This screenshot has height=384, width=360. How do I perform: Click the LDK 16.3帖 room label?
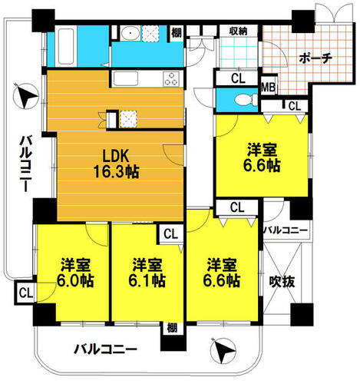[x=117, y=164]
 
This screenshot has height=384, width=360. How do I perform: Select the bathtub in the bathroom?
[x=66, y=47]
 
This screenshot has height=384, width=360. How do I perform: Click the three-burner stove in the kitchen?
[x=171, y=78]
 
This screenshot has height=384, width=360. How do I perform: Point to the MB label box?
[x=268, y=88]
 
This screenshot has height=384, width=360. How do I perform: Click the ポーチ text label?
[x=315, y=58]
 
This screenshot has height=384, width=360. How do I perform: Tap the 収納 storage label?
[x=238, y=31]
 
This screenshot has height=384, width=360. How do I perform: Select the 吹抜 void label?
[x=282, y=282]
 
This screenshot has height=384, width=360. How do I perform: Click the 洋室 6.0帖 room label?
[x=75, y=273]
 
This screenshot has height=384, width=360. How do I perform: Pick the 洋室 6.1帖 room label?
[x=147, y=273]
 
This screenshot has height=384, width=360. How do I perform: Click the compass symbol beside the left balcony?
[x=25, y=96]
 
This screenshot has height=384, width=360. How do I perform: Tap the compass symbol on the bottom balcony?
[x=223, y=350]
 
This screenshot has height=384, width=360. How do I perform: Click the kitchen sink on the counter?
[x=126, y=78]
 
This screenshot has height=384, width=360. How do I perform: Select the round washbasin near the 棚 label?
[x=130, y=33]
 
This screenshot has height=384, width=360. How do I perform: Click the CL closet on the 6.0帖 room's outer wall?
[x=25, y=293]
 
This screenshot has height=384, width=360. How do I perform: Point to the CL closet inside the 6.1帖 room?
[x=170, y=233]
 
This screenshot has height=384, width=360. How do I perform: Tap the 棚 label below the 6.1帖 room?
[x=172, y=328]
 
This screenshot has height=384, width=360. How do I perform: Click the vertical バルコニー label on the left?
[x=25, y=164]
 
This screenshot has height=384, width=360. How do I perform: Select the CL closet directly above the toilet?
[x=238, y=78]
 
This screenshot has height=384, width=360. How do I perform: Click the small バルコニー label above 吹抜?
[x=286, y=230]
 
